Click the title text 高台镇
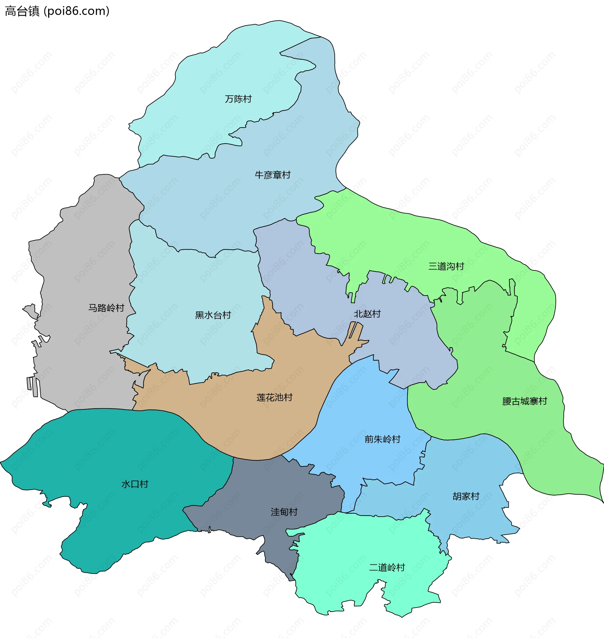pos(22,11)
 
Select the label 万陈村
pos(238,99)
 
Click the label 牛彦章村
pos(272,175)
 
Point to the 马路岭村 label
pos(106,308)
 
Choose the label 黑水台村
pos(213,315)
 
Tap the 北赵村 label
pos(367,314)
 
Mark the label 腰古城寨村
pos(524,401)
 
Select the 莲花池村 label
pos(274,397)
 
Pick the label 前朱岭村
pos(382,439)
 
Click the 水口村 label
pos(135,484)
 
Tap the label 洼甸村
pos(284,512)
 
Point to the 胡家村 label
pos(466,496)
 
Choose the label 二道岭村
pos(387,567)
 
